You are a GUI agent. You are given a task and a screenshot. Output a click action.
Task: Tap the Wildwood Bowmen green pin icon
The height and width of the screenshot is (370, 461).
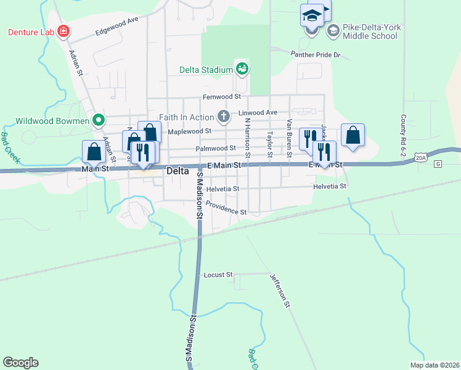tap(97, 120)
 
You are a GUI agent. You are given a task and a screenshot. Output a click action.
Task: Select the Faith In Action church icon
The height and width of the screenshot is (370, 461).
tap(223, 116)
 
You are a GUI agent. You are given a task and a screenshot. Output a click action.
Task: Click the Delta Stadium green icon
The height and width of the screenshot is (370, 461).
tap(242, 68)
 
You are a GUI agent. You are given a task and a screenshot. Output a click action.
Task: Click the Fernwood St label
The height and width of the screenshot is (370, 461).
tap(222, 97)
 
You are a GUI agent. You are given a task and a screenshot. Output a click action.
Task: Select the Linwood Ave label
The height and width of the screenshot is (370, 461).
tap(258, 113)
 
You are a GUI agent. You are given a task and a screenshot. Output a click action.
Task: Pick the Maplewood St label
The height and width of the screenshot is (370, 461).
tap(189, 131)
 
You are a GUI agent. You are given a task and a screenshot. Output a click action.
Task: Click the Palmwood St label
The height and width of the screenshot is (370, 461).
tap(216, 148)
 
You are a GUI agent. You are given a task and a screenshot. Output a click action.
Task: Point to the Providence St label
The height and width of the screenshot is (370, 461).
tap(226, 208)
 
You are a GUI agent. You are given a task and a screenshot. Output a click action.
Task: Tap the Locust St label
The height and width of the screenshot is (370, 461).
tap(218, 274)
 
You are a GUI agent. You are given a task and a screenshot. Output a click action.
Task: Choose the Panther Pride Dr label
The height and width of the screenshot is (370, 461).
tap(316, 54)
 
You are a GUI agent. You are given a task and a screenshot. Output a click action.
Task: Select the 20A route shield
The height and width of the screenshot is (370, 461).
tap(421, 158)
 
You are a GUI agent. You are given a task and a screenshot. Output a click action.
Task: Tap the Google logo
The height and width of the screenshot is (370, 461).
tap(20, 363)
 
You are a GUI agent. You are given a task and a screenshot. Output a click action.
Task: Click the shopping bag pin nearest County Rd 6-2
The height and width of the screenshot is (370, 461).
tap(353, 136)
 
